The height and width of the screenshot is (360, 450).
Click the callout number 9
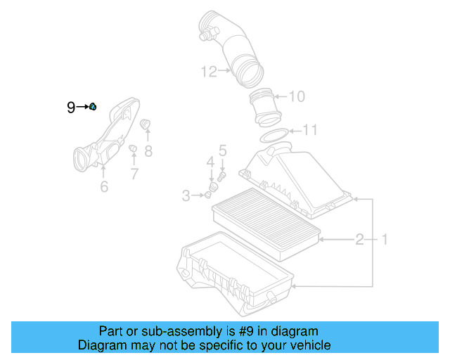71,108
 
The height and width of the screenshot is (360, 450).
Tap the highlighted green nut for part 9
93,106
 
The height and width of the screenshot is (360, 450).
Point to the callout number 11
310,130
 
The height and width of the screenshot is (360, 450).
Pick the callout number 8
148,150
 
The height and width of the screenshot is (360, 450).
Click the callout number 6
104,186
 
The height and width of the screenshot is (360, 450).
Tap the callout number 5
222,150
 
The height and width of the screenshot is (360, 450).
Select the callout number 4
210,162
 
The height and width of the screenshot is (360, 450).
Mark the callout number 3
186,195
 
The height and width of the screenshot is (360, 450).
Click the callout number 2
359,240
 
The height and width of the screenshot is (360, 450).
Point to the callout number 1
385,240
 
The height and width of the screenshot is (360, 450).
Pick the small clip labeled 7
132,148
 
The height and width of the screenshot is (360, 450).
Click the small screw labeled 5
221,176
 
